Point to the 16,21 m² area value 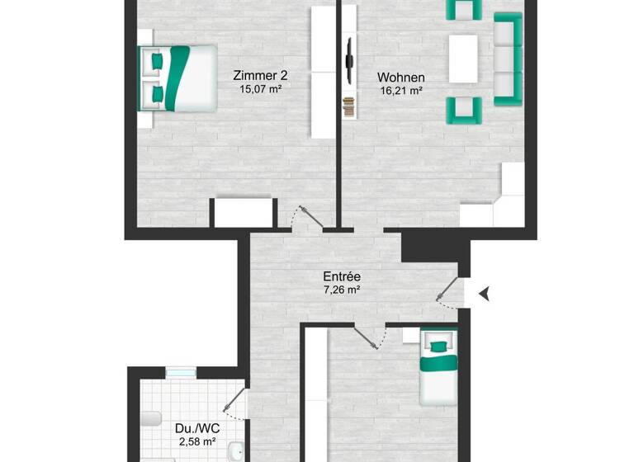click(x=400, y=91)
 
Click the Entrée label click(x=342, y=277)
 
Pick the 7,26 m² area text click(x=341, y=290)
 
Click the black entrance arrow click(x=484, y=291)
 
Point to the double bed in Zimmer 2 click(x=177, y=78)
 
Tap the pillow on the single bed click(x=438, y=341)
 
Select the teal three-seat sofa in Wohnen click(x=508, y=59)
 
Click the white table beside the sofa click(x=463, y=57)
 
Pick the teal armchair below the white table click(x=464, y=110)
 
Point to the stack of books click(x=349, y=106)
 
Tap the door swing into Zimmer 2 click(x=306, y=217)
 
